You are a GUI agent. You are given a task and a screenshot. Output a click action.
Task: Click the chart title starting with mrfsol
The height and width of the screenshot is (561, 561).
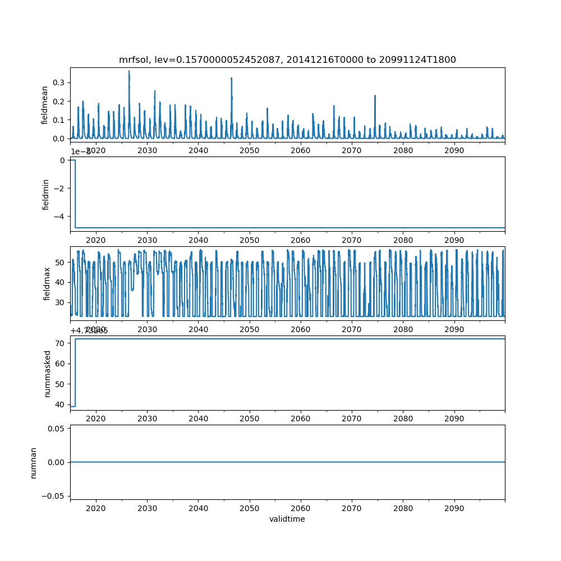pyautogui.click(x=287, y=59)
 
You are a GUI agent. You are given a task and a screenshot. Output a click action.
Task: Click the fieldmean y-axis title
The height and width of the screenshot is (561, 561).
pyautogui.click(x=44, y=104)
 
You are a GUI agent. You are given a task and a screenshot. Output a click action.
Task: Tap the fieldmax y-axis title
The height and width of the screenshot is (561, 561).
pyautogui.click(x=47, y=283)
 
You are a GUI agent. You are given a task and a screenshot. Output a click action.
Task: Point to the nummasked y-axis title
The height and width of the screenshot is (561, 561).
pyautogui.click(x=48, y=374)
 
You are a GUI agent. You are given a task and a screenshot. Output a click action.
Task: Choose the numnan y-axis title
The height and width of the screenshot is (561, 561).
pyautogui.click(x=34, y=462)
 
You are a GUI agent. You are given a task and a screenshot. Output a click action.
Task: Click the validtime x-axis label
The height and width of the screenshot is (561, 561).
pyautogui.click(x=287, y=519)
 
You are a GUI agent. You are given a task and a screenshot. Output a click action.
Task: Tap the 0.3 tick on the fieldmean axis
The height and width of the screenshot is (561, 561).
pyautogui.click(x=58, y=82)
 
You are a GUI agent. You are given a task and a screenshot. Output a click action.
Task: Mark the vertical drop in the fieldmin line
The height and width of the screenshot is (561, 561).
pyautogui.click(x=75, y=194)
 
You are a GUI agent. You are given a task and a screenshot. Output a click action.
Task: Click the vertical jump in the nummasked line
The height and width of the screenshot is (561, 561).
pyautogui.click(x=75, y=373)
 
